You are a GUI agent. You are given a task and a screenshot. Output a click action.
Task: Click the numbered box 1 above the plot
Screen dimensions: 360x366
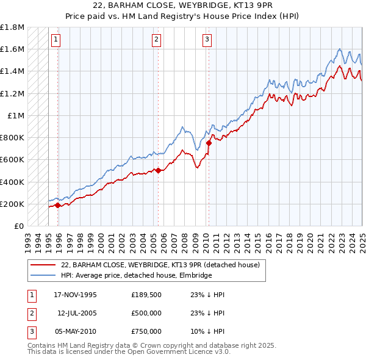(56, 40)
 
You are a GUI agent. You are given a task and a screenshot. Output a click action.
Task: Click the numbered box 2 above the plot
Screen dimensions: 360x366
(156, 40)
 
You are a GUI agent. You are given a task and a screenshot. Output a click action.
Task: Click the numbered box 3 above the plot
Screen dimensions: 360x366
(207, 40)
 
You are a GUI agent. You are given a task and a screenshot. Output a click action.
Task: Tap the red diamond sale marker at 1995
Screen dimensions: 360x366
(58, 205)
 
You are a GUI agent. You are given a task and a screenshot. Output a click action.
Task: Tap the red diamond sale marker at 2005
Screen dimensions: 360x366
(158, 171)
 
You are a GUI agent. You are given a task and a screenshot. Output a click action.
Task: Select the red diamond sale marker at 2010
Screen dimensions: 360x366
(209, 143)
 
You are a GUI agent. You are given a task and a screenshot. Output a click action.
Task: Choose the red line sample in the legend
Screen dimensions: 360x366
(42, 265)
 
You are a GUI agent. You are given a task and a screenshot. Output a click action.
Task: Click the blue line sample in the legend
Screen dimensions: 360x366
(42, 276)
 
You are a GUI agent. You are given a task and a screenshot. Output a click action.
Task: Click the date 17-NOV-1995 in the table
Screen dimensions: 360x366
(75, 294)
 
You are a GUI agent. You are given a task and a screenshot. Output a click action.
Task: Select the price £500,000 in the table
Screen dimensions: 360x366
(146, 313)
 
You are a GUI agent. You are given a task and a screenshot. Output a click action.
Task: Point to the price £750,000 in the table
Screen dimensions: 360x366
(146, 332)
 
